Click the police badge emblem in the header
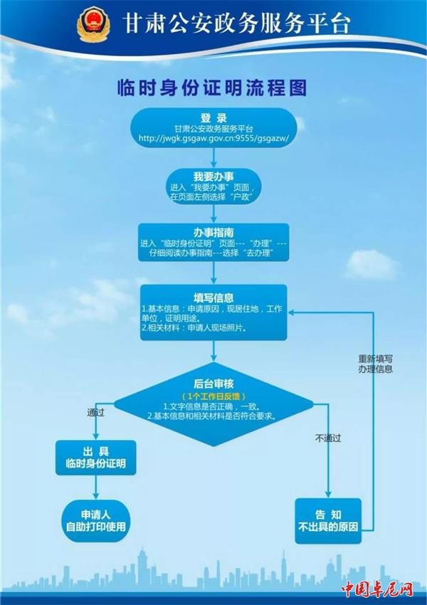93,24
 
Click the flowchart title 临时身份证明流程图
212,88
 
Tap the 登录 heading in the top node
213,118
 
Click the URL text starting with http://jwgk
213,139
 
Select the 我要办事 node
213,186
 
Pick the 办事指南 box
213,242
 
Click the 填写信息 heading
213,298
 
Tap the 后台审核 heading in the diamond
213,384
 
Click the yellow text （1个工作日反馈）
213,396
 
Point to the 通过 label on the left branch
95,413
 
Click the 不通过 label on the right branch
328,438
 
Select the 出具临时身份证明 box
95,458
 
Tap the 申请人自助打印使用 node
95,521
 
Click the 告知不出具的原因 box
328,521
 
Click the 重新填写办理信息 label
375,364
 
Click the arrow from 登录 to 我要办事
213,158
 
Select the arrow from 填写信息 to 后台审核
213,351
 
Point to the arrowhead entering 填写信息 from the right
291,312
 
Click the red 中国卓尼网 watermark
377,589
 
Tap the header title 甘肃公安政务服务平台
236,24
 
